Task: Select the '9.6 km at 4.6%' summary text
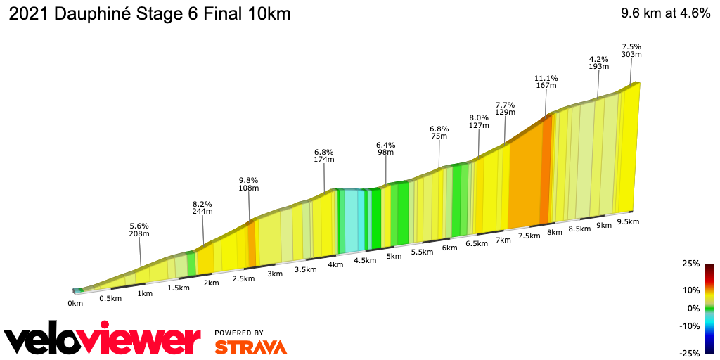[x=665, y=15]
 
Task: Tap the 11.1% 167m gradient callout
[x=546, y=82]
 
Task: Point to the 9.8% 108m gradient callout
[x=249, y=184]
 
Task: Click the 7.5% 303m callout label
[x=631, y=51]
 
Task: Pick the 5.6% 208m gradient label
[x=139, y=230]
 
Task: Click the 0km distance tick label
[x=75, y=303]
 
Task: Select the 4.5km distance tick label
[x=365, y=260]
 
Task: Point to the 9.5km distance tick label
[x=628, y=222]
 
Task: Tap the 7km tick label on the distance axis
[x=503, y=240]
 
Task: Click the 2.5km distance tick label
[x=243, y=278]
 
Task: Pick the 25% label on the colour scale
[x=691, y=264]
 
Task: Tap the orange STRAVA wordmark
[x=250, y=347]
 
